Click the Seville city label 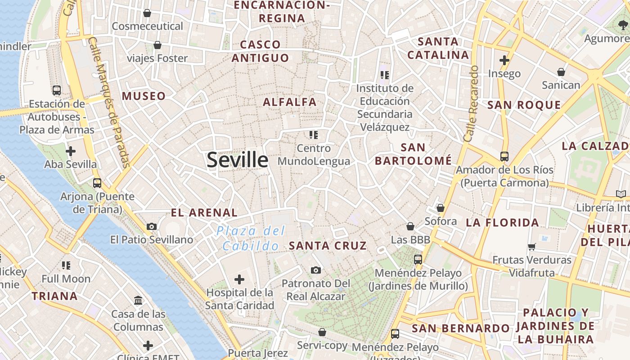(x=237, y=160)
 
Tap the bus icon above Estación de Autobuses (x=57, y=90)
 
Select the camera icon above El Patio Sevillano (x=152, y=226)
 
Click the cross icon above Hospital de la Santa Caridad (x=239, y=279)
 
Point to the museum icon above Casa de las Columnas (x=138, y=300)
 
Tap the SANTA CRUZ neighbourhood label (x=328, y=246)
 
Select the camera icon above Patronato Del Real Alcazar (x=316, y=270)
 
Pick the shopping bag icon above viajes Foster (x=157, y=45)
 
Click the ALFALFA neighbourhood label (x=290, y=102)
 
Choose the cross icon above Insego (x=504, y=60)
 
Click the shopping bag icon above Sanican (x=561, y=72)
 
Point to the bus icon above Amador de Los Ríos (x=504, y=157)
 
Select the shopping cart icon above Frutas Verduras (x=532, y=246)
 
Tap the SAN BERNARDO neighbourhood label (x=461, y=328)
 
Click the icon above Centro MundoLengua (x=314, y=135)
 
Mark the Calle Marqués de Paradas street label (x=108, y=102)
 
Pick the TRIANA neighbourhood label (x=54, y=296)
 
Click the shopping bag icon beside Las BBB (x=410, y=226)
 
